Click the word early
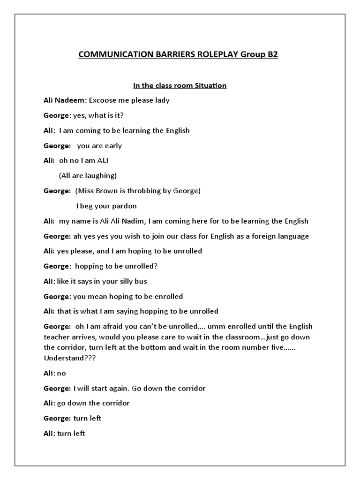coord(112,145)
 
